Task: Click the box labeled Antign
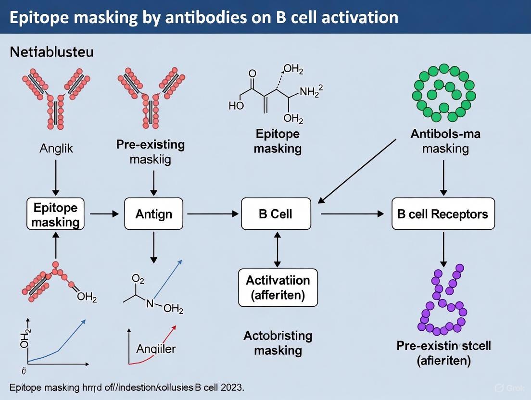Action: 154,213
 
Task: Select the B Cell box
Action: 276,213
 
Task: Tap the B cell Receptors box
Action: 442,213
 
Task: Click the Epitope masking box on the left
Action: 56,214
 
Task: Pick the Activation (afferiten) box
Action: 278,287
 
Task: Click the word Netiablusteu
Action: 51,52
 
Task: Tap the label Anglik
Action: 56,149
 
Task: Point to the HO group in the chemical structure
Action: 236,106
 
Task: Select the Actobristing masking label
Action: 278,343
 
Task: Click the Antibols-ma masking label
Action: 445,141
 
